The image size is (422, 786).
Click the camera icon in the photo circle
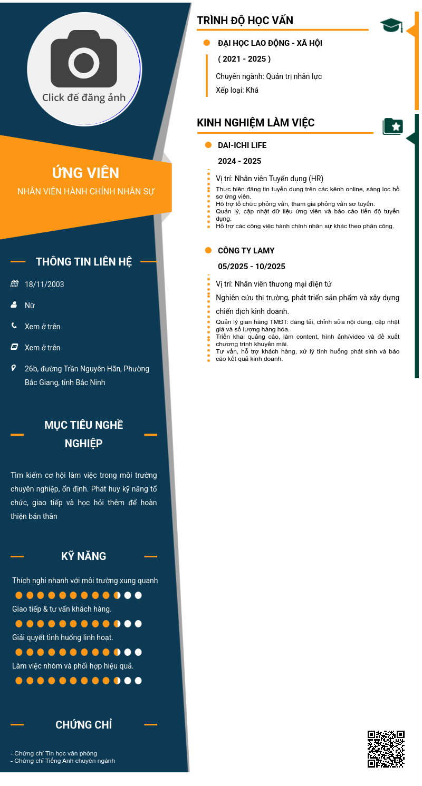pos(84,59)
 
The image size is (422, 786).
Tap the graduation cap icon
pos(391,25)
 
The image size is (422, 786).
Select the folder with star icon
pos(392,126)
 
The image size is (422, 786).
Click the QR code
pos(386,749)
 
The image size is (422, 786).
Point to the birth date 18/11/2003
pos(44,284)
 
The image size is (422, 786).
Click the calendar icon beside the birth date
pos(14,284)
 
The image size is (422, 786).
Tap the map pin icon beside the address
pos(14,368)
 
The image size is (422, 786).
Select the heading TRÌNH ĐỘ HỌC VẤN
pos(245,21)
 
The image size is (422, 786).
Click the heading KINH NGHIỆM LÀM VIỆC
pos(255,123)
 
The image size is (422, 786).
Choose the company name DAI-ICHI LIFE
pos(242,145)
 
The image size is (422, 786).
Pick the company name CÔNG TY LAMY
pos(246,251)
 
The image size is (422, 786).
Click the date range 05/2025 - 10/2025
pos(251,267)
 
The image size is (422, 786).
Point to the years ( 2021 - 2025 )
pos(244,59)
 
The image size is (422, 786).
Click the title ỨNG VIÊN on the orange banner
pos(85,173)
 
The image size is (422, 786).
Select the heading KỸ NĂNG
pos(83,556)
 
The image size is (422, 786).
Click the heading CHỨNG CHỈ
pos(83,725)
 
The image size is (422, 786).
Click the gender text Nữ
pos(30,306)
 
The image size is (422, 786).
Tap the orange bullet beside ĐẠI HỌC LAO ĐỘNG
pos(207,43)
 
